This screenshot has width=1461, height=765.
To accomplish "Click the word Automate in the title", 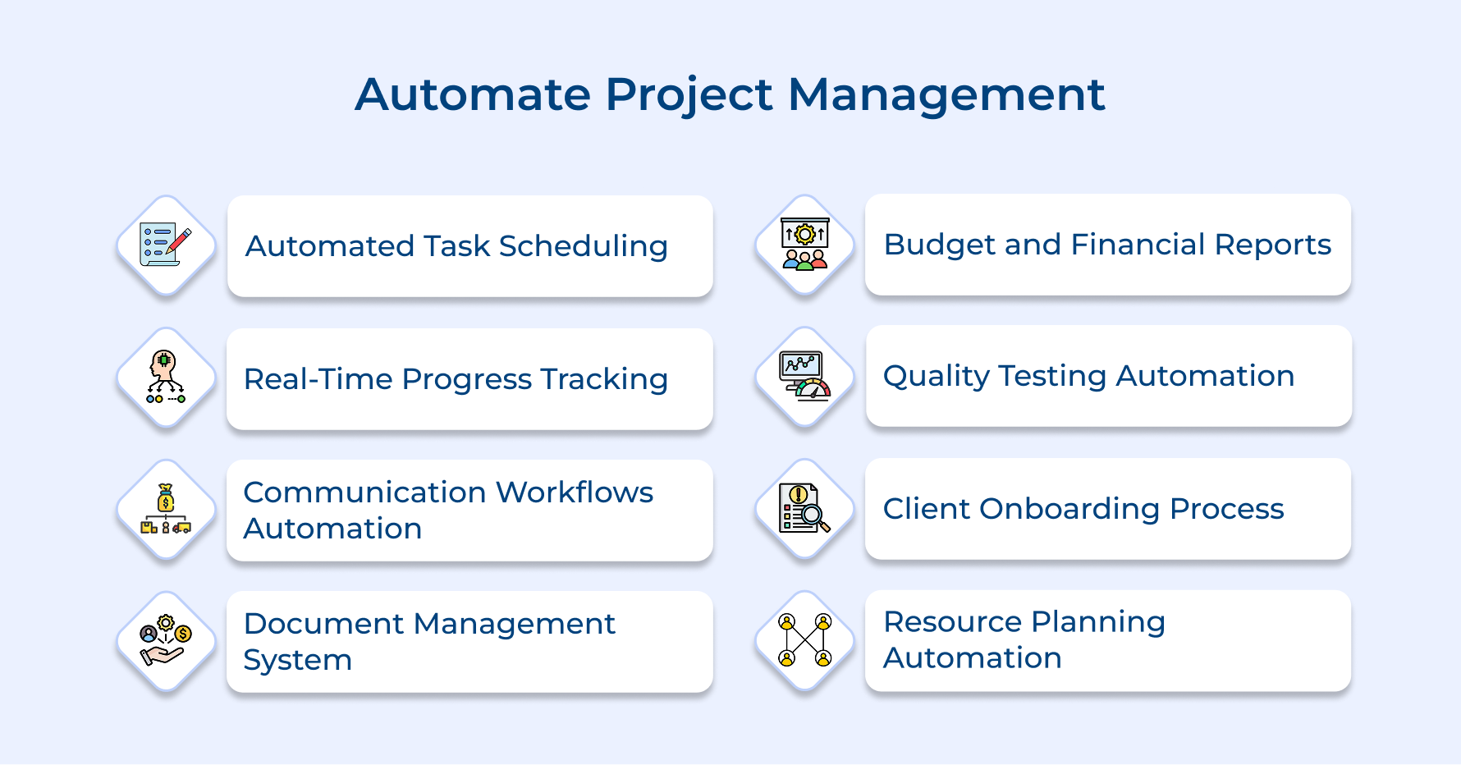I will [x=472, y=94].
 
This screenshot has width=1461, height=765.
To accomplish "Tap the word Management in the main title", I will [x=946, y=94].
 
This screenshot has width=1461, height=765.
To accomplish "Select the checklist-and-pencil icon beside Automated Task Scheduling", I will [x=166, y=245].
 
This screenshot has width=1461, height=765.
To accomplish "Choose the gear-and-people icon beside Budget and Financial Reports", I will [x=804, y=245].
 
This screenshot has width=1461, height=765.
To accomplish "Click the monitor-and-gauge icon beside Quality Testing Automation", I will [x=804, y=376].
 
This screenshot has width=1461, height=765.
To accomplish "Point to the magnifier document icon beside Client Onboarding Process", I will [x=804, y=509].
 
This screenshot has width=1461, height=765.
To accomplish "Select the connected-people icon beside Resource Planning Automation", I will [x=804, y=640].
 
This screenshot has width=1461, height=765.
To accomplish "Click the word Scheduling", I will [x=583, y=246].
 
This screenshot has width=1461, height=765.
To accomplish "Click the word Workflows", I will [x=574, y=492].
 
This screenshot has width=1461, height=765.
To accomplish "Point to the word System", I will [x=297, y=661].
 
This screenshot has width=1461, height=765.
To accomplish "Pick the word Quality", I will [x=936, y=377].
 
